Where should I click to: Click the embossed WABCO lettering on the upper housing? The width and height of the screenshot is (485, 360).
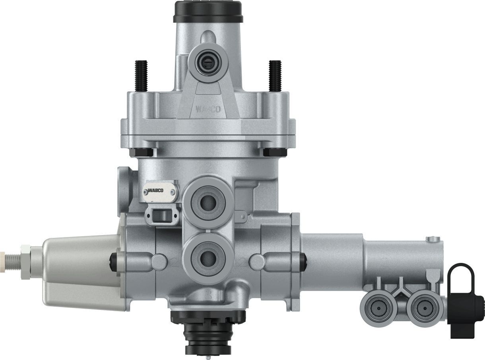(x=208, y=109)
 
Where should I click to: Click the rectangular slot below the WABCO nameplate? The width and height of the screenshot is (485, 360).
(x=162, y=216)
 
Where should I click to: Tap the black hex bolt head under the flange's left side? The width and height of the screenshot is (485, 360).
(x=142, y=152)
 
